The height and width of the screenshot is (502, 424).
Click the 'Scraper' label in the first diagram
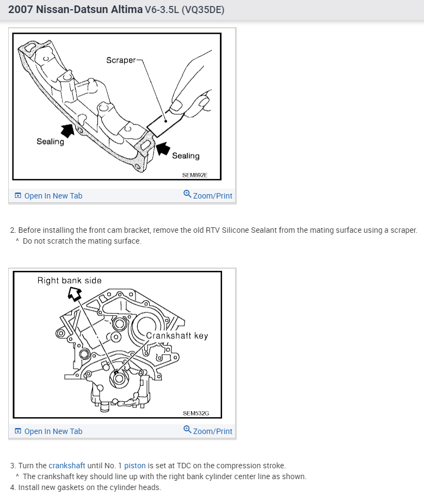point(121,60)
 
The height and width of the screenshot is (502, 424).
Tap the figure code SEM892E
point(195,175)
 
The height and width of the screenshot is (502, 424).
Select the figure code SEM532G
point(196,413)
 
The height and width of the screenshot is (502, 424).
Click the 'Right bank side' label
point(69,281)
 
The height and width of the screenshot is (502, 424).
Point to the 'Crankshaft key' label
point(177,336)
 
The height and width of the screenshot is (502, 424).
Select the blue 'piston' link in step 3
point(135,466)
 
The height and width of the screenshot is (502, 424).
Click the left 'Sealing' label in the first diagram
point(50,141)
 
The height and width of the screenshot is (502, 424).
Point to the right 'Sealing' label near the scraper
point(186,156)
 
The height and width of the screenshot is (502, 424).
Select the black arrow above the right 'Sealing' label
point(163,147)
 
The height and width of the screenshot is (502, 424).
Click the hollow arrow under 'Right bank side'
point(75,294)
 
